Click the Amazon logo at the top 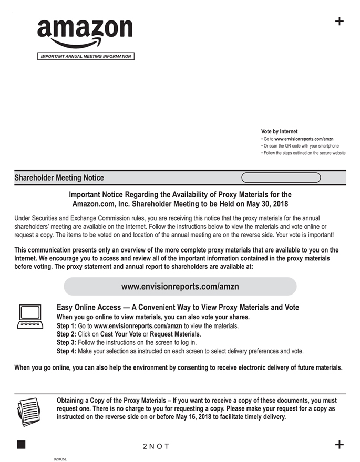click(x=85, y=32)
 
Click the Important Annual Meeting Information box click(x=86, y=57)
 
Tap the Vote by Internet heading click(x=279, y=131)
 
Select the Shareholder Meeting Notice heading click(x=59, y=178)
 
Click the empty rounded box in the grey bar click(x=281, y=177)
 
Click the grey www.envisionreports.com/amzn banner click(x=180, y=287)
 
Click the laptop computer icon click(x=30, y=317)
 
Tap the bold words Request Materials click(x=175, y=334)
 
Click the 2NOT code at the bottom click(x=156, y=446)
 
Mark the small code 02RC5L click(x=60, y=459)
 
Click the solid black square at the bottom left click(x=21, y=445)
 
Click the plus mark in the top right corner click(x=340, y=21)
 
